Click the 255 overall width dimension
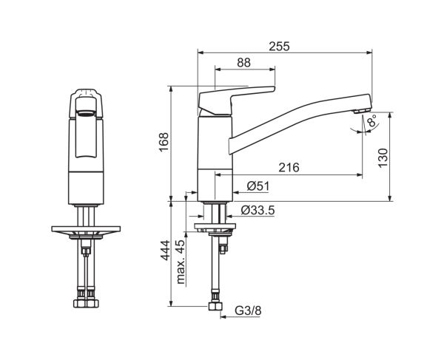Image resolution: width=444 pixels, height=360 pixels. (x=279, y=47)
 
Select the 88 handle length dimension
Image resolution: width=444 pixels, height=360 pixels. (x=243, y=63)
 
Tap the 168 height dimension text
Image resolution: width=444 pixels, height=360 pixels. (x=164, y=142)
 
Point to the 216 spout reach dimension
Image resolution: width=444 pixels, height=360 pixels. (x=289, y=167)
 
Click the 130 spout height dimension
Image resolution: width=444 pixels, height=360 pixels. (x=383, y=157)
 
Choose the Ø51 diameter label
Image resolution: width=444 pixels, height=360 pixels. (x=258, y=186)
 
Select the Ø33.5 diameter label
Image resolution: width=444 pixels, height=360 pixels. (x=258, y=210)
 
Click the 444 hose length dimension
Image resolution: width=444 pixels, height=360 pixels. (x=165, y=250)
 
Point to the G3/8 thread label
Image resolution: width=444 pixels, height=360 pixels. (x=248, y=310)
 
